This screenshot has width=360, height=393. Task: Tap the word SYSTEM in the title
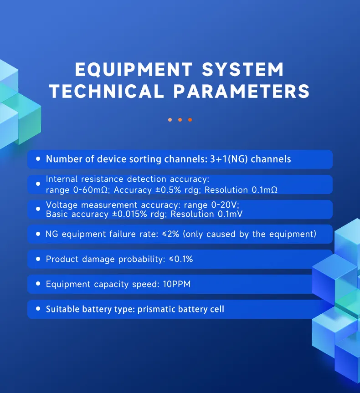click(243, 70)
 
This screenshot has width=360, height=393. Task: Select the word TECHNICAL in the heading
click(107, 91)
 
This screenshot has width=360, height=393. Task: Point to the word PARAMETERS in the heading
click(242, 91)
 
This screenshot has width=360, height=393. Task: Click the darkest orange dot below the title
click(190, 120)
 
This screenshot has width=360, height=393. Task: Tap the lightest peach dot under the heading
click(170, 120)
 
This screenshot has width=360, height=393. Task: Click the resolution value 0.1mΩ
click(265, 189)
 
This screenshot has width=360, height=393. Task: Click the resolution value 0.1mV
click(233, 214)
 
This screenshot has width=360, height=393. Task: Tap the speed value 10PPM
click(176, 284)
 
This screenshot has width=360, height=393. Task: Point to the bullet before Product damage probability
click(38, 259)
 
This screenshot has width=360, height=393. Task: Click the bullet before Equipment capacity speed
click(38, 284)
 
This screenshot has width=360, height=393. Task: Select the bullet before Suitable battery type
click(38, 309)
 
